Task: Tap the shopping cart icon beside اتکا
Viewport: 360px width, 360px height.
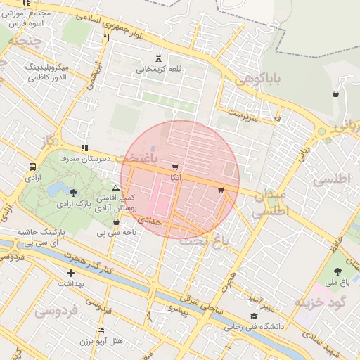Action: click(174, 167)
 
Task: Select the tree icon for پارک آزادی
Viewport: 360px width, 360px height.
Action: click(74, 192)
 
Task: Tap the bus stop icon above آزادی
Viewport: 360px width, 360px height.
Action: click(32, 167)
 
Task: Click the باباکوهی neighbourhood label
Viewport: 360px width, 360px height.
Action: click(262, 82)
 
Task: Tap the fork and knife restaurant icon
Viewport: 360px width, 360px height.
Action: click(106, 37)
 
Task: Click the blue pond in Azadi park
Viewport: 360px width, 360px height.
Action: click(59, 188)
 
